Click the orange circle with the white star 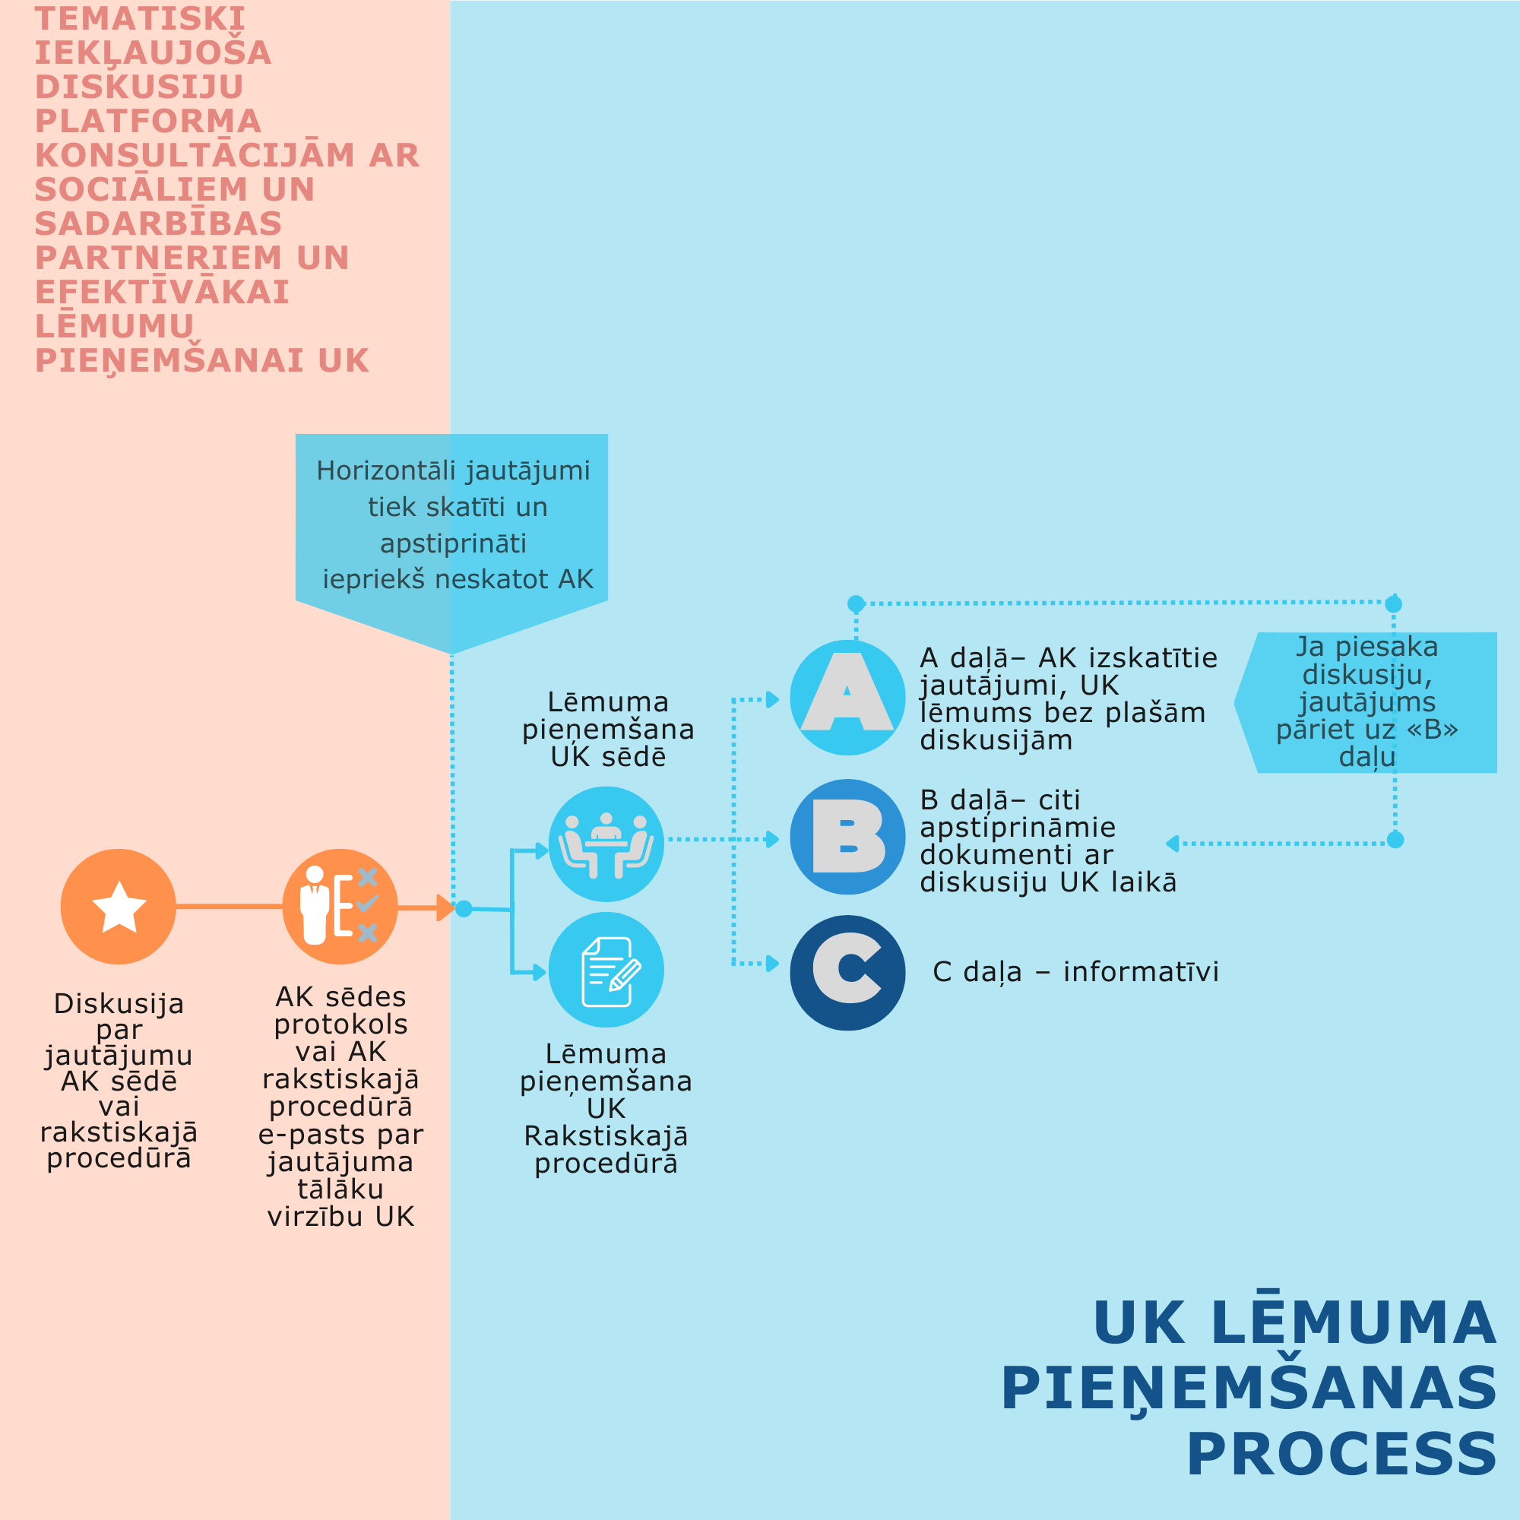tap(118, 907)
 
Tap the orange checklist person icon tap(340, 907)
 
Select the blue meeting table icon tap(606, 844)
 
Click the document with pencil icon tap(606, 970)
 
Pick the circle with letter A tap(847, 698)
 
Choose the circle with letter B tap(847, 837)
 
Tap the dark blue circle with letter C tap(847, 974)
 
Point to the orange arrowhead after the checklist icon tap(445, 908)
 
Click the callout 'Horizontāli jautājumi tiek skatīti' tap(452, 524)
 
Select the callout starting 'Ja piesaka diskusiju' tap(1366, 701)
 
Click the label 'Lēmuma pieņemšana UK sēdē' tap(607, 730)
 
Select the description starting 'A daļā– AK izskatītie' tap(1068, 698)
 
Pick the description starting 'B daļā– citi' tap(1047, 841)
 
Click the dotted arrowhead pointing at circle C tap(773, 964)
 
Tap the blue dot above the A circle tap(856, 603)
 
